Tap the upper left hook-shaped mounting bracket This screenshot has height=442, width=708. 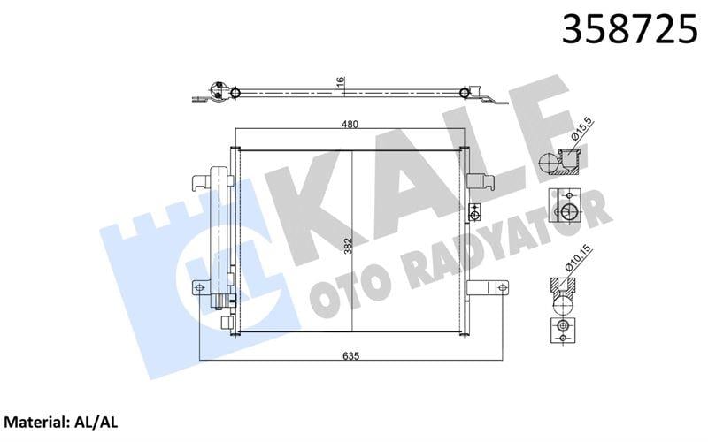pos(203,182)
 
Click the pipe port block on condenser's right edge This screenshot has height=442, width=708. pos(473,213)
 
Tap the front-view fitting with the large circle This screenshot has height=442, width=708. pos(564,210)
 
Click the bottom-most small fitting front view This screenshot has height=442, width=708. pos(560,331)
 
